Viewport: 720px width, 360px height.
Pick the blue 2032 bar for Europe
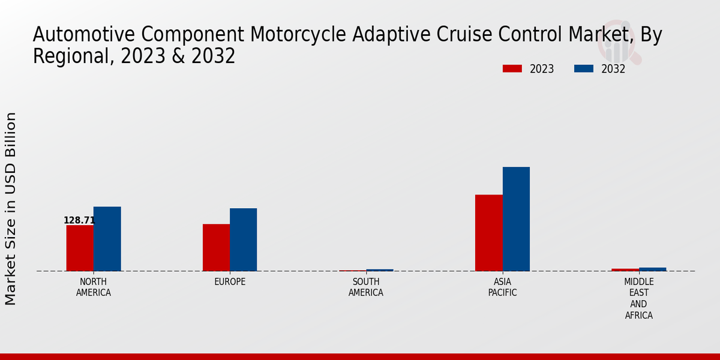244,239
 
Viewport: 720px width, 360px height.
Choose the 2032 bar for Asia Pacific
516,219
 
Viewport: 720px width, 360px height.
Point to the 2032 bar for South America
380,270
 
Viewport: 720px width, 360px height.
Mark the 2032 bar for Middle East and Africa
653,269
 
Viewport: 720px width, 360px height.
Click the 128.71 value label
79,220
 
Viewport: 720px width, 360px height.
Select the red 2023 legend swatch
512,69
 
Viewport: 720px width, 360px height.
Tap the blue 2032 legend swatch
584,69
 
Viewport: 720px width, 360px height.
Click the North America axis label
94,287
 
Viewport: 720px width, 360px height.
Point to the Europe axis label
230,282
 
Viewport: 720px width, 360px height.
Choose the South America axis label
366,287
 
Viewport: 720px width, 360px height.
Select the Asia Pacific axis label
502,287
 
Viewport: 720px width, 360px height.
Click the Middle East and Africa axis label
638,298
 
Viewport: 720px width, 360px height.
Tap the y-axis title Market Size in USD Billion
11,208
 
